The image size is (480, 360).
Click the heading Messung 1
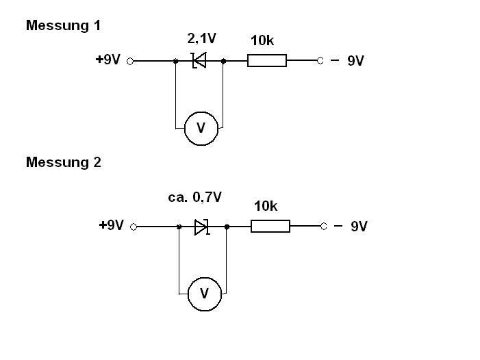tap(63, 25)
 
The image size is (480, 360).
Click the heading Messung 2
tap(63, 162)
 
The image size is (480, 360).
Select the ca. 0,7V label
tap(195, 197)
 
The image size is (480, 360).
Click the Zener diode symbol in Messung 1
tap(199, 61)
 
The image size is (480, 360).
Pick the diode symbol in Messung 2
tap(201, 227)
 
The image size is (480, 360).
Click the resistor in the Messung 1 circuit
tap(266, 61)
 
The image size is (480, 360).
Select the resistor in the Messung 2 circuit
tap(270, 227)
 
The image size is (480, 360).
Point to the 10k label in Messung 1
tap(262, 41)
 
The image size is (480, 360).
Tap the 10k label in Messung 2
tap(266, 206)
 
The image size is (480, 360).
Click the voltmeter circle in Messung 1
tap(201, 128)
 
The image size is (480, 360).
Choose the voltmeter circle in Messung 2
tap(204, 294)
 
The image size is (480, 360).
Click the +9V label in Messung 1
tap(108, 60)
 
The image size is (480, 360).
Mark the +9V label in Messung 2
tap(112, 225)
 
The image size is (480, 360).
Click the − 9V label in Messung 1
tap(347, 61)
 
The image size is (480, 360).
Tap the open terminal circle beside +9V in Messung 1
tap(130, 61)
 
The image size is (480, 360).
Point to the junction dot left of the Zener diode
tap(175, 61)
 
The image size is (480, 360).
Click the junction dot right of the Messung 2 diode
tap(227, 227)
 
